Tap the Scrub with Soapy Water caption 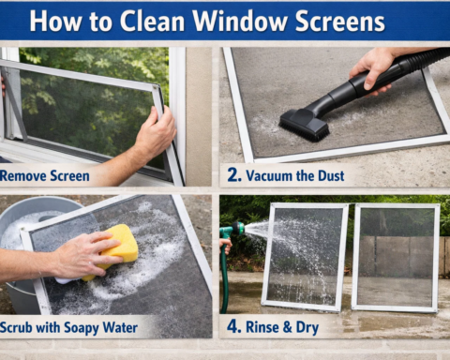pyautogui.click(x=69, y=328)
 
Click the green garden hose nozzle pyautogui.click(x=233, y=228)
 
